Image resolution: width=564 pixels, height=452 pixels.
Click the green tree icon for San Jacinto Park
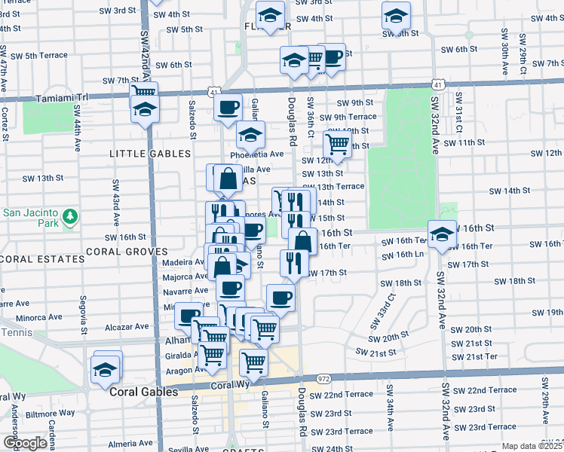pos(71,218)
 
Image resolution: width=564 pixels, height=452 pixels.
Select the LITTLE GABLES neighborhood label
pos(150,154)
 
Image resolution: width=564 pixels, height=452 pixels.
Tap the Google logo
pos(25,443)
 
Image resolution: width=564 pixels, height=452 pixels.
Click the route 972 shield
pos(324,378)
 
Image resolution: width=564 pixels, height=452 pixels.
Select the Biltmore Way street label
pos(46,413)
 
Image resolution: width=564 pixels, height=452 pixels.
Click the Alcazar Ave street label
pos(127,327)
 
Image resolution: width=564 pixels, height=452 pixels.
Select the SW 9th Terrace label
pos(348,117)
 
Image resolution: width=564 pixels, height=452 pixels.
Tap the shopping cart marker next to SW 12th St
pos(337,145)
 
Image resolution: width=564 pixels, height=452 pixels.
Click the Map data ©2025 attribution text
pos(532,446)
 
